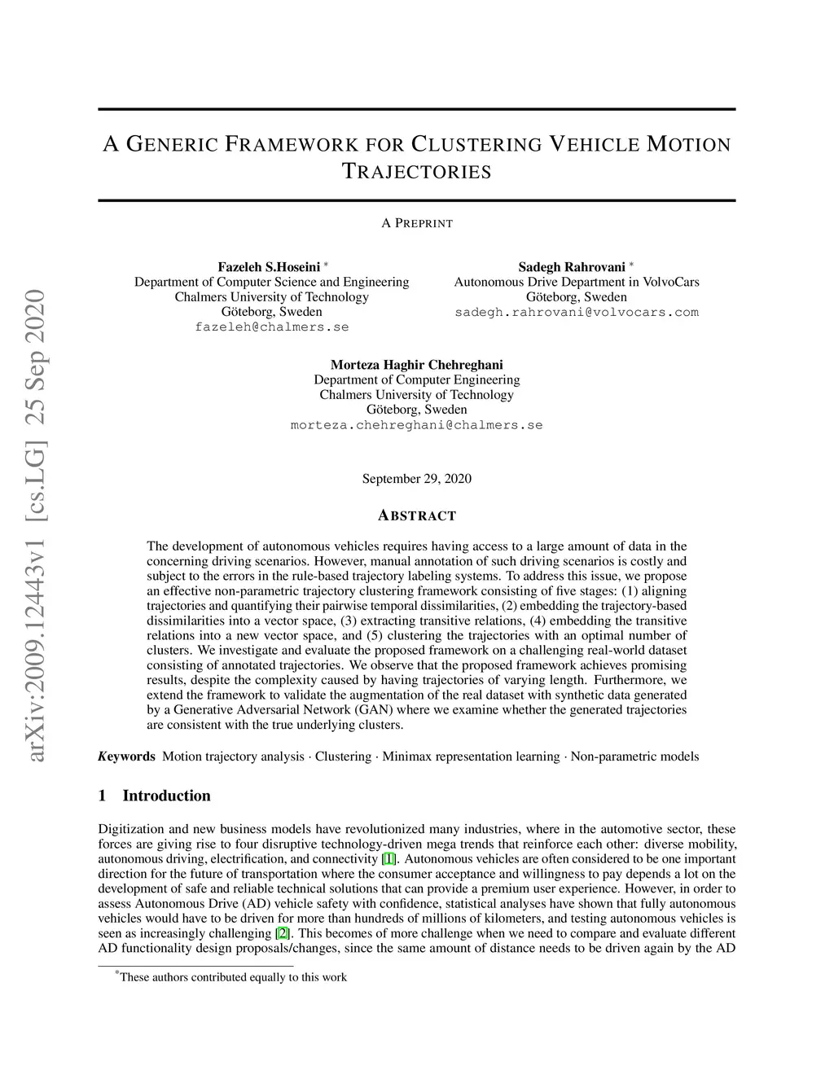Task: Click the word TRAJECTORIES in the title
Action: pos(416,172)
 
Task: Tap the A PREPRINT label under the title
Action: pos(417,223)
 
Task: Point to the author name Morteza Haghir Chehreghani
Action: pos(416,365)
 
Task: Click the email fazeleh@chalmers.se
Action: pos(272,327)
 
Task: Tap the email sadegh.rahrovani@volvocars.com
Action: pos(577,312)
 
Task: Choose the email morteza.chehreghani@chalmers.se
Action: pos(416,425)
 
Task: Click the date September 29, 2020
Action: pos(416,479)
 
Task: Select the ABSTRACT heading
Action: pos(417,515)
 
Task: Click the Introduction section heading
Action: pos(166,796)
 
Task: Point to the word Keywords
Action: pos(127,757)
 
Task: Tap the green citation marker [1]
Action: pos(389,859)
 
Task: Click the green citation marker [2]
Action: pos(283,933)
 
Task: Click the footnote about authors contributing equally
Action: pos(232,977)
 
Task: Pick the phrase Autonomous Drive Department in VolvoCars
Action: pos(577,282)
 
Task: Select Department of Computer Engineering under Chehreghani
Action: pos(416,379)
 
